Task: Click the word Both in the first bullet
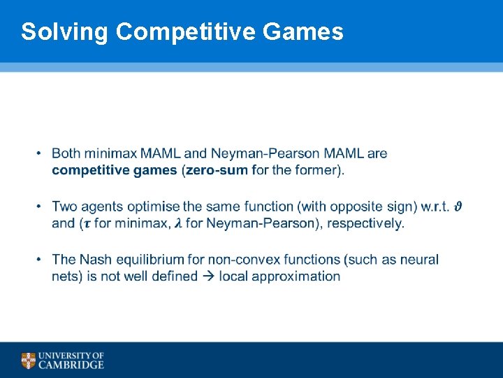[x=66, y=153]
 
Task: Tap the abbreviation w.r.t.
[x=435, y=206]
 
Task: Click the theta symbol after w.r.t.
[x=459, y=206]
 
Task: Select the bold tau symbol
[x=86, y=224]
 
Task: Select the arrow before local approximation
[x=208, y=276]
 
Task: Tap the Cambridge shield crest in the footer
[x=29, y=360]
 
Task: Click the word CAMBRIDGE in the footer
[x=72, y=365]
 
